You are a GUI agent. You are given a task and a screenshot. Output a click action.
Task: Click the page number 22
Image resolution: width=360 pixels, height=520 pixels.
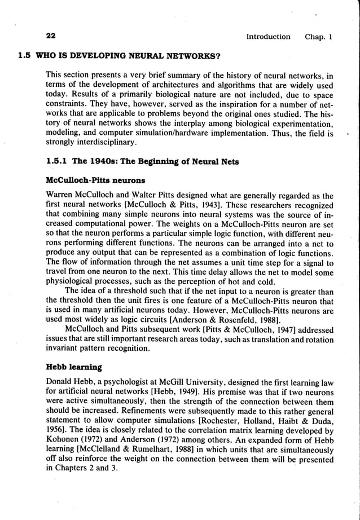tap(51, 37)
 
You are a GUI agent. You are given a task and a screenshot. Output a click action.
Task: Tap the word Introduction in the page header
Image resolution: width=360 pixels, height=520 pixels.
tap(268, 37)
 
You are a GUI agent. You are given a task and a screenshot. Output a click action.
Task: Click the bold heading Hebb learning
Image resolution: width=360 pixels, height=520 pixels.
tap(73, 367)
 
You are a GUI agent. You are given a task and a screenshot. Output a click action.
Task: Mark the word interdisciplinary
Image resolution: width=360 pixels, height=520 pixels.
tap(81, 143)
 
